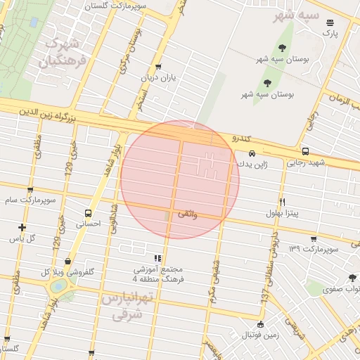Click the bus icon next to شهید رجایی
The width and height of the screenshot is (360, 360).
click(x=304, y=151)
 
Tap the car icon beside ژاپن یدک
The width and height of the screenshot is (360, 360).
click(x=251, y=153)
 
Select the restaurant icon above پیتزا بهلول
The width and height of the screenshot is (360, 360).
click(x=282, y=200)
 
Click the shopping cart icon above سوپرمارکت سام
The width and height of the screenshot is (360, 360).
click(x=29, y=190)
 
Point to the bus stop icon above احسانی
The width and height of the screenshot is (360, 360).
click(x=88, y=213)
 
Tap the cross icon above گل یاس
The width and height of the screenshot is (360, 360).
click(x=22, y=227)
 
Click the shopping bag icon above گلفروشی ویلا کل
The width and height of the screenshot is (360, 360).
click(x=67, y=261)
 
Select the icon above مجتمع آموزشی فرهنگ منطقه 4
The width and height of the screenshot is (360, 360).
click(x=157, y=258)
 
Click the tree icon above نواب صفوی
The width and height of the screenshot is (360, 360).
click(x=352, y=278)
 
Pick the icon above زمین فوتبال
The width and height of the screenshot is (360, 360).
click(x=260, y=325)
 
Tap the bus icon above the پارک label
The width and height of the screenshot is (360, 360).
click(x=330, y=22)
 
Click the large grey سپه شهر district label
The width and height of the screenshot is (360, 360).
click(x=295, y=15)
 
